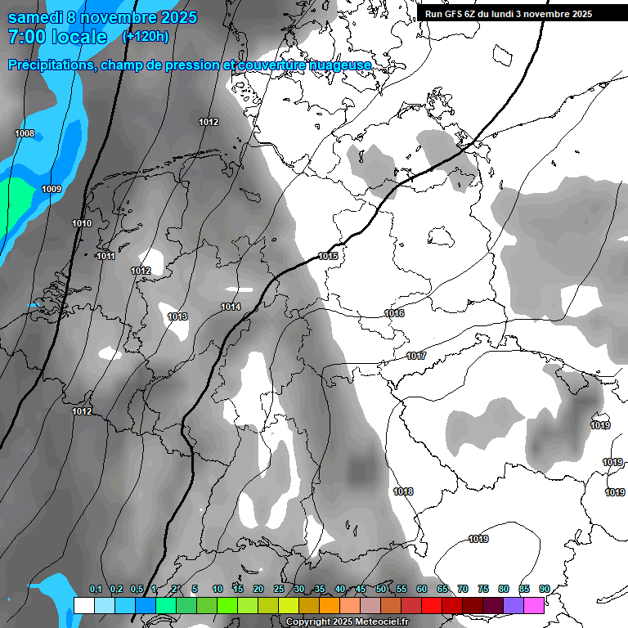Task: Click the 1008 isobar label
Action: coord(25,133)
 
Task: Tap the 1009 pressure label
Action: coord(52,189)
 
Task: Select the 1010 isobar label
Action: coord(82,223)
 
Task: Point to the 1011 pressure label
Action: coord(105,256)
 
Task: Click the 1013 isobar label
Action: coord(177,316)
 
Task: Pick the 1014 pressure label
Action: coord(231,307)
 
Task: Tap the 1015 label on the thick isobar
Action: coord(329,256)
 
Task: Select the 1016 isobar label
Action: coord(394,313)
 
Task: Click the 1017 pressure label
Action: coord(416,356)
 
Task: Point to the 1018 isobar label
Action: coord(403,491)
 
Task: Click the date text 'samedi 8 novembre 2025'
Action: coord(102,17)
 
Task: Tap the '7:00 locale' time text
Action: coord(57,37)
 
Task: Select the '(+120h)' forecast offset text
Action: coord(146,37)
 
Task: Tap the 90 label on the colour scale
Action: coord(544,589)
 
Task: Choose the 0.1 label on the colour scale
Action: coord(96,589)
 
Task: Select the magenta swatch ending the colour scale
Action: coord(534,605)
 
